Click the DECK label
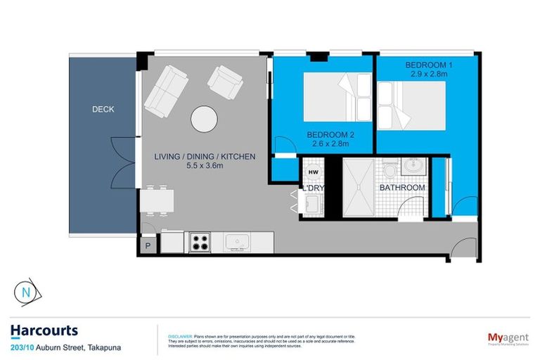tap(103, 110)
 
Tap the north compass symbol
tap(27, 291)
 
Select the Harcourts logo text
tap(44, 330)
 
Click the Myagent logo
tap(508, 339)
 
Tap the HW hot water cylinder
tap(313, 172)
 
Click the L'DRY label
tap(313, 188)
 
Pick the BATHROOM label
tap(402, 188)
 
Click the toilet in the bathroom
tap(389, 171)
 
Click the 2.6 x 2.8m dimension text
tap(330, 144)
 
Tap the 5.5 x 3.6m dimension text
tap(204, 166)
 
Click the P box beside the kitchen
tap(148, 245)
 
